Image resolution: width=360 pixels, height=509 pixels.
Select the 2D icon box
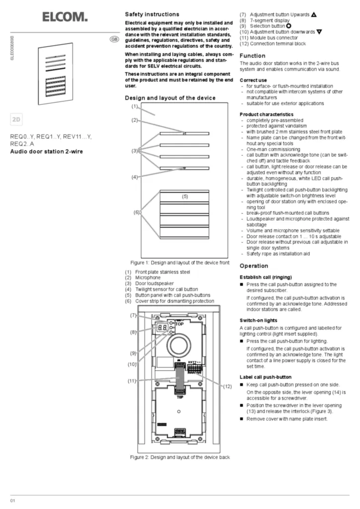click(17, 120)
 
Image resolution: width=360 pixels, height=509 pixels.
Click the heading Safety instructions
click(152, 14)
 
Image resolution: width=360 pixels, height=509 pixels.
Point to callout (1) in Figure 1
click(134, 106)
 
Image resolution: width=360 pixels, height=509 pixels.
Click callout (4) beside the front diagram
click(134, 177)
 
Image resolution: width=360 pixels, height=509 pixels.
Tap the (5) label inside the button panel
click(184, 196)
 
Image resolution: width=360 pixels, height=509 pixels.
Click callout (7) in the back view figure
click(134, 315)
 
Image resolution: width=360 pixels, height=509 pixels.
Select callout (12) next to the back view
click(227, 386)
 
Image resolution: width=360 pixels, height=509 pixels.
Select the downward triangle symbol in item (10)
click(319, 31)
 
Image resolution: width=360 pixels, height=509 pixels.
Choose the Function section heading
click(253, 56)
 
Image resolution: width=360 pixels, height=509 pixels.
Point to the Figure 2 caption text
click(180, 457)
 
